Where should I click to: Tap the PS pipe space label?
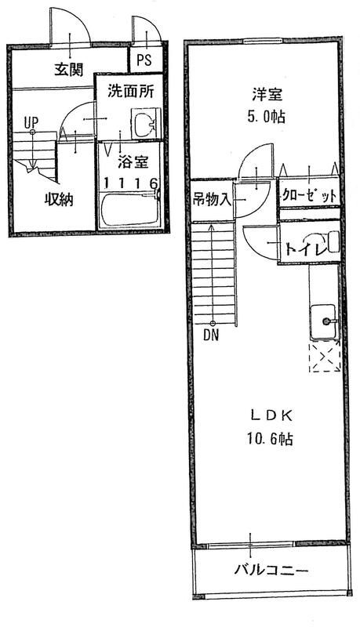144,60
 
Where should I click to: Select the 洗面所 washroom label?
130,91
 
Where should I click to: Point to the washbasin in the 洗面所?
145,125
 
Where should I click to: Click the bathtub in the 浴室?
130,209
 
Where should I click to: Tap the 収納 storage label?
58,199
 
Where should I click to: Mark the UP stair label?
31,122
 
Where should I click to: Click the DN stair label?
210,335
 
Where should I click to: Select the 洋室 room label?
266,97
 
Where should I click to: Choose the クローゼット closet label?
310,195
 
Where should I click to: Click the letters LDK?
266,415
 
